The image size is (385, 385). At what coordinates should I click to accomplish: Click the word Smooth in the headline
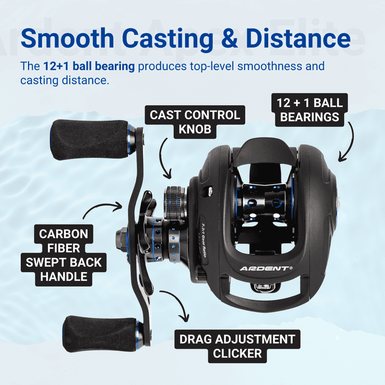68,38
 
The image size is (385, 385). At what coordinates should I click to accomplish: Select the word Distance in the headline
298,38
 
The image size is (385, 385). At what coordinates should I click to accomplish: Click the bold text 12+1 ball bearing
89,66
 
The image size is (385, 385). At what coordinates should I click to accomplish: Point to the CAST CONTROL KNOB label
195,122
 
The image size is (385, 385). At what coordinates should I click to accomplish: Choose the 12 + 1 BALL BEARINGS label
310,110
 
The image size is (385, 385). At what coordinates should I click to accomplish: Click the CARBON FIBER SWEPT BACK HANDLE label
64,255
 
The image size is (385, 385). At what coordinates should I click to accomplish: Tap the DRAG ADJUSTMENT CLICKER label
237,346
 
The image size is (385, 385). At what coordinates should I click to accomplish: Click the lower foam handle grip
101,334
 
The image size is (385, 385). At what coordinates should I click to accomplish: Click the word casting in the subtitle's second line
39,81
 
